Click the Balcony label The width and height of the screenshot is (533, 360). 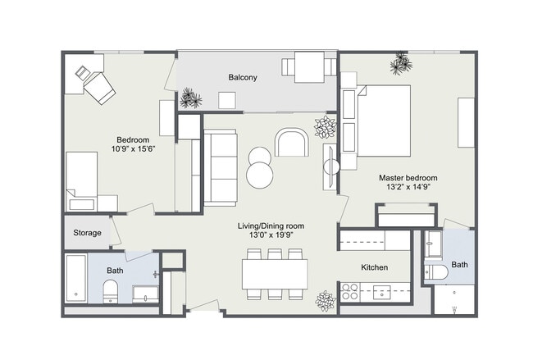(x=243, y=78)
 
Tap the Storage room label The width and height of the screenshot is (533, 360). (x=88, y=233)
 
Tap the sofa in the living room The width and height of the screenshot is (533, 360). (x=219, y=168)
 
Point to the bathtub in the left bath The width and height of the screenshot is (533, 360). (x=75, y=277)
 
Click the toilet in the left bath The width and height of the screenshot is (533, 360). (x=110, y=290)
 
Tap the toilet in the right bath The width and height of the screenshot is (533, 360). (x=437, y=271)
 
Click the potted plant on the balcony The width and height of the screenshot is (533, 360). (x=190, y=98)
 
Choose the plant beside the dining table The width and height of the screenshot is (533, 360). (x=326, y=300)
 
